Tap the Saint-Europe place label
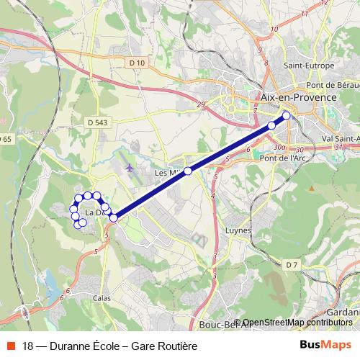(308, 66)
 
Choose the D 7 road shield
(291, 266)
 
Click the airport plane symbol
(130, 168)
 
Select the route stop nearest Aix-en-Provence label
(287, 115)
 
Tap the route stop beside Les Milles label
(188, 171)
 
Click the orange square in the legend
(10, 346)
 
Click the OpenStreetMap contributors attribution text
(298, 322)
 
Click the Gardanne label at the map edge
(343, 314)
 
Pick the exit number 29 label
(200, 106)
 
